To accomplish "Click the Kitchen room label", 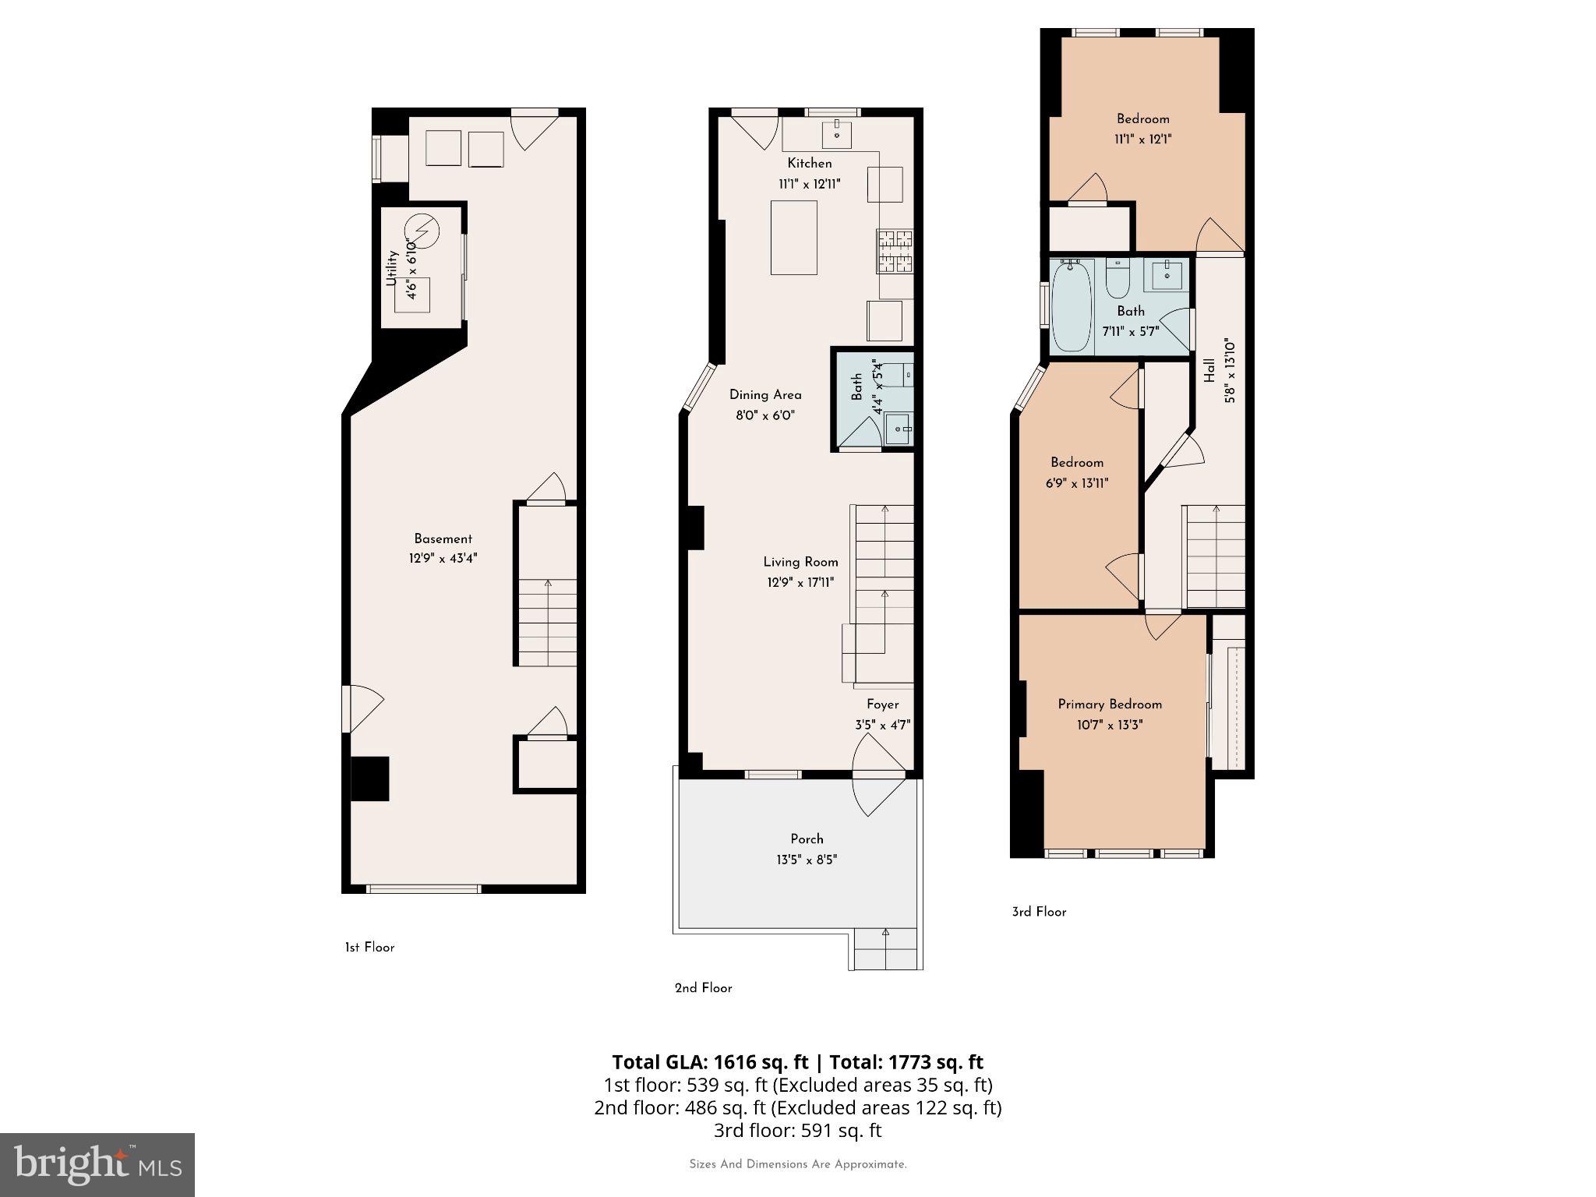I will pyautogui.click(x=809, y=164).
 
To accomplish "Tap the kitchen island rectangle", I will pyautogui.click(x=793, y=238).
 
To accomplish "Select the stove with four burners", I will pyautogui.click(x=895, y=251).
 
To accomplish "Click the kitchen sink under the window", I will pyautogui.click(x=836, y=135).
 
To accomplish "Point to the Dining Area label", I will pyautogui.click(x=764, y=395).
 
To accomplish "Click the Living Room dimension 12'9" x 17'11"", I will pyautogui.click(x=800, y=582).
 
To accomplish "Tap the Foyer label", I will pyautogui.click(x=882, y=704).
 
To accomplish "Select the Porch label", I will pyautogui.click(x=807, y=839).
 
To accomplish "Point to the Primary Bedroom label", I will pyautogui.click(x=1110, y=704).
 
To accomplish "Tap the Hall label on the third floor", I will pyautogui.click(x=1209, y=371).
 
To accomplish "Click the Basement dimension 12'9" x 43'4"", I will pyautogui.click(x=443, y=559).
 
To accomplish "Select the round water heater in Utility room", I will pyautogui.click(x=422, y=230).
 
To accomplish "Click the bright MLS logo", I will pyautogui.click(x=97, y=1164).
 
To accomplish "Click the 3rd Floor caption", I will pyautogui.click(x=1039, y=912).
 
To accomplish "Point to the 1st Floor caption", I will pyautogui.click(x=369, y=948).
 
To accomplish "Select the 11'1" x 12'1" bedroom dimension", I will pyautogui.click(x=1143, y=139).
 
